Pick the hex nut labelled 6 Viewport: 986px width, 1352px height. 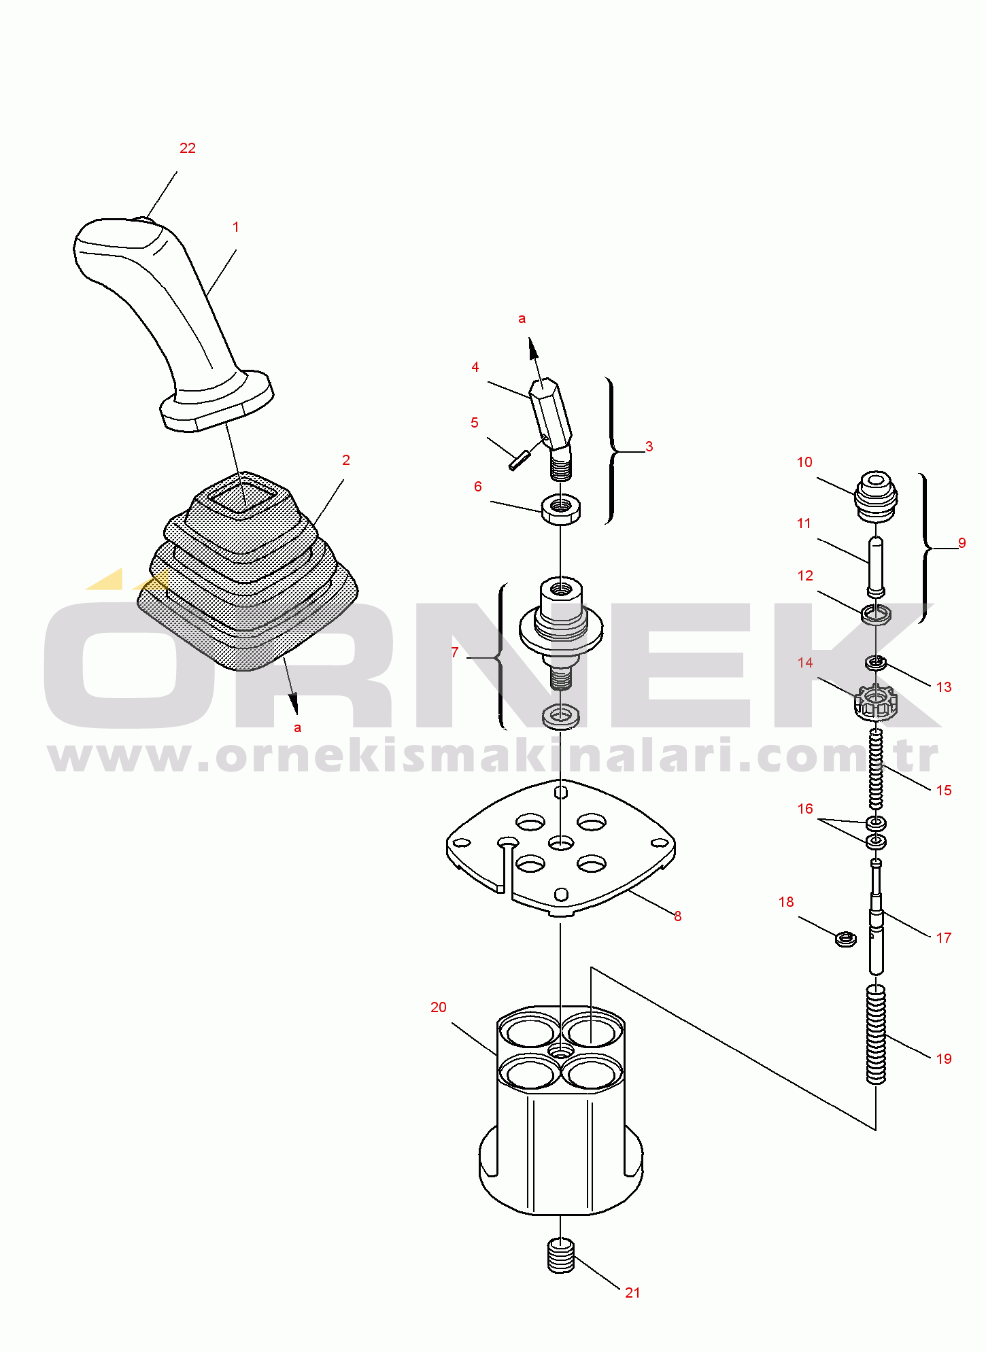561,508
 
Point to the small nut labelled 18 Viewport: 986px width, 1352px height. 845,939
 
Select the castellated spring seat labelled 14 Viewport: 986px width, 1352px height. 876,703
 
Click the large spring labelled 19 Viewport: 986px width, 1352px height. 877,1034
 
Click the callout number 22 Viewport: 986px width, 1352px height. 188,148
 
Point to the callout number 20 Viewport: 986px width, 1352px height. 439,1007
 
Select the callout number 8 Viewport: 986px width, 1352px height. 678,916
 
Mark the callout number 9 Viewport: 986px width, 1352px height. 962,543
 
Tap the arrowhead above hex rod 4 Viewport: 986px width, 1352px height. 534,350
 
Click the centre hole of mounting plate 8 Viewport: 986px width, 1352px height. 561,844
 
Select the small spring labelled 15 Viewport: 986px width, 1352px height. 877,768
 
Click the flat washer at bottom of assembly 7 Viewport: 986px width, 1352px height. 561,716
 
